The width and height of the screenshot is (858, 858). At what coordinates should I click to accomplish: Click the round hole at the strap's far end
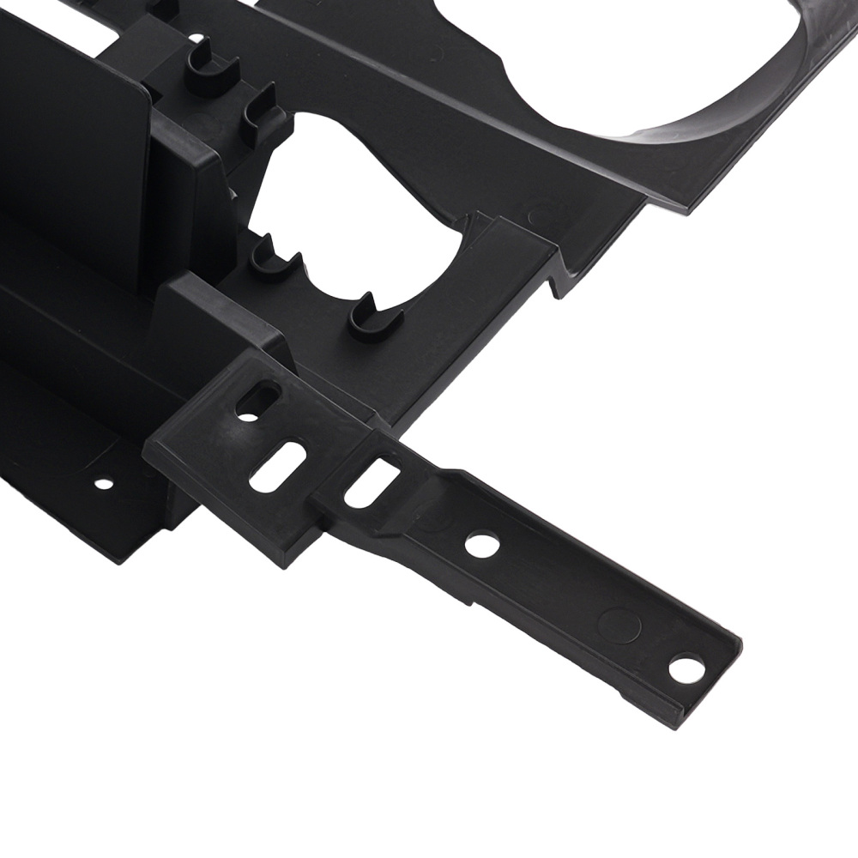[x=685, y=668]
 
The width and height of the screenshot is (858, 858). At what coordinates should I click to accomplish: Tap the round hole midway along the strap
[x=482, y=545]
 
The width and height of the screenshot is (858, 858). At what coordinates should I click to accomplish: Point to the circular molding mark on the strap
[x=619, y=624]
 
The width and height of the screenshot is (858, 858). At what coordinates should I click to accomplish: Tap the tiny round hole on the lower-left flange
[x=103, y=483]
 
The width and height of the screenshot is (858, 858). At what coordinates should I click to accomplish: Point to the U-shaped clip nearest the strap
[x=375, y=318]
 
